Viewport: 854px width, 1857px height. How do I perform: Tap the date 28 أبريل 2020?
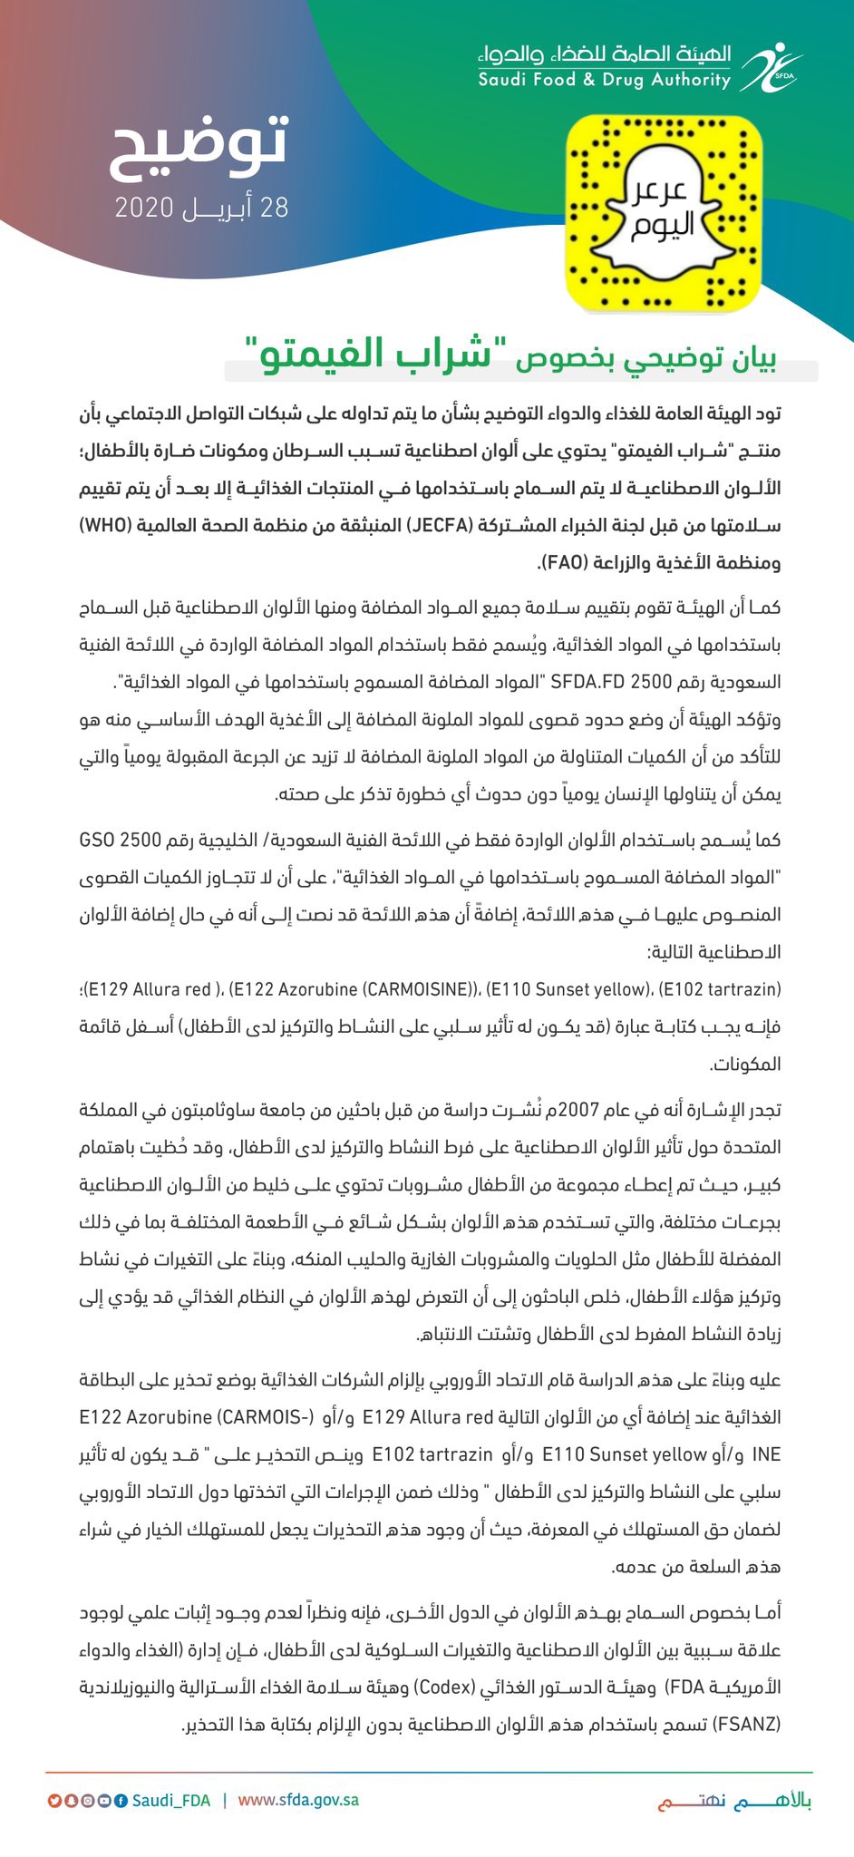pyautogui.click(x=201, y=208)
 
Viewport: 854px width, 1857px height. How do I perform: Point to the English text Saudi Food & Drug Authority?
pyautogui.click(x=605, y=81)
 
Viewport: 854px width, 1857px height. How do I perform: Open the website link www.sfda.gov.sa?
pyautogui.click(x=298, y=1800)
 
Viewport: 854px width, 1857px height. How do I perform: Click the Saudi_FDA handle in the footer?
pyautogui.click(x=171, y=1800)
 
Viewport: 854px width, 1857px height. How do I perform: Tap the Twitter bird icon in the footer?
pyautogui.click(x=55, y=1800)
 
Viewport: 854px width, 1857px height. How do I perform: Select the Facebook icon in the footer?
pyautogui.click(x=120, y=1800)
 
